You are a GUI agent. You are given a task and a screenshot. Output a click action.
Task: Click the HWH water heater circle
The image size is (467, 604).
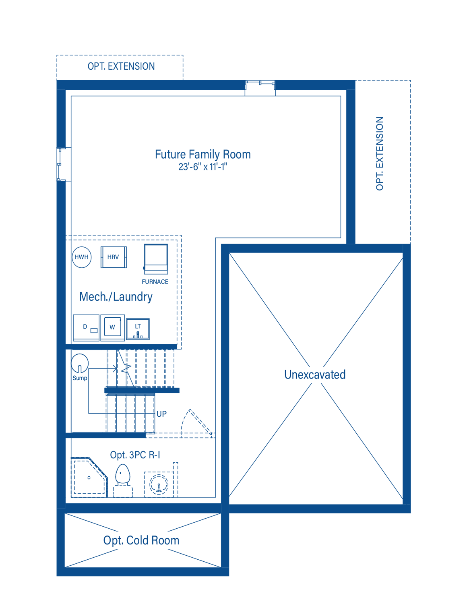(81, 257)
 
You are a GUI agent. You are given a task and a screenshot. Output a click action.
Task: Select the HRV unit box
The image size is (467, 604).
(114, 257)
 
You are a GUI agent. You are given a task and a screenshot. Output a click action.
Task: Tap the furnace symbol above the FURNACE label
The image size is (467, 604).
(156, 259)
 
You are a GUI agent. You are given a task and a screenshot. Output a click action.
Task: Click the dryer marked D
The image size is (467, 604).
(86, 327)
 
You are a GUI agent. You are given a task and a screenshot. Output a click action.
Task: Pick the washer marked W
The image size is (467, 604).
(112, 327)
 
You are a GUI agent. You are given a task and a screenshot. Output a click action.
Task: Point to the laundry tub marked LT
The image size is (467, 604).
(138, 329)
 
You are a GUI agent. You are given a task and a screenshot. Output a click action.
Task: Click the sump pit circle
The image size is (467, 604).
(80, 363)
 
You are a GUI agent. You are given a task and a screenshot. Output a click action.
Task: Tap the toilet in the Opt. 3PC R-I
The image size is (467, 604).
(122, 480)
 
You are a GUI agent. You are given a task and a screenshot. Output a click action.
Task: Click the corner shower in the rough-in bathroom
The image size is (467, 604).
(89, 477)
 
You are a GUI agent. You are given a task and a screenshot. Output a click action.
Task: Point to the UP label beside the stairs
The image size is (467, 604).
(161, 414)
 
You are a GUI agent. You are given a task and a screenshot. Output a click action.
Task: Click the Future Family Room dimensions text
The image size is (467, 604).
(203, 167)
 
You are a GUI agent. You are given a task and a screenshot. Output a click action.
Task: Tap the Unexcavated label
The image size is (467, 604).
(315, 375)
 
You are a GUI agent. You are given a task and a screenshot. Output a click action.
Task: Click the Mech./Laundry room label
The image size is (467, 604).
(116, 297)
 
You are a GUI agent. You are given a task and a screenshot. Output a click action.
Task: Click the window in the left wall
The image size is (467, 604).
(59, 164)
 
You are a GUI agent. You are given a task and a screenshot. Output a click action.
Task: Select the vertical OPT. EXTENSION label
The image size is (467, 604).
(380, 154)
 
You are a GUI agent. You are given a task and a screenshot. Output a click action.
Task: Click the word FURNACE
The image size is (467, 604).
(155, 282)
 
